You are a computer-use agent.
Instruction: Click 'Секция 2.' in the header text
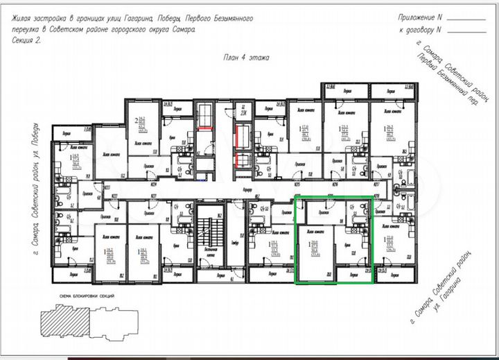click(x=27, y=40)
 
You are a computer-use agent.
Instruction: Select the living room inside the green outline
click(x=315, y=253)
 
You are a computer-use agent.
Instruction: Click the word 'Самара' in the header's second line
click(x=182, y=30)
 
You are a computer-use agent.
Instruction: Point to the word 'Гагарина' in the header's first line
click(x=139, y=19)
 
